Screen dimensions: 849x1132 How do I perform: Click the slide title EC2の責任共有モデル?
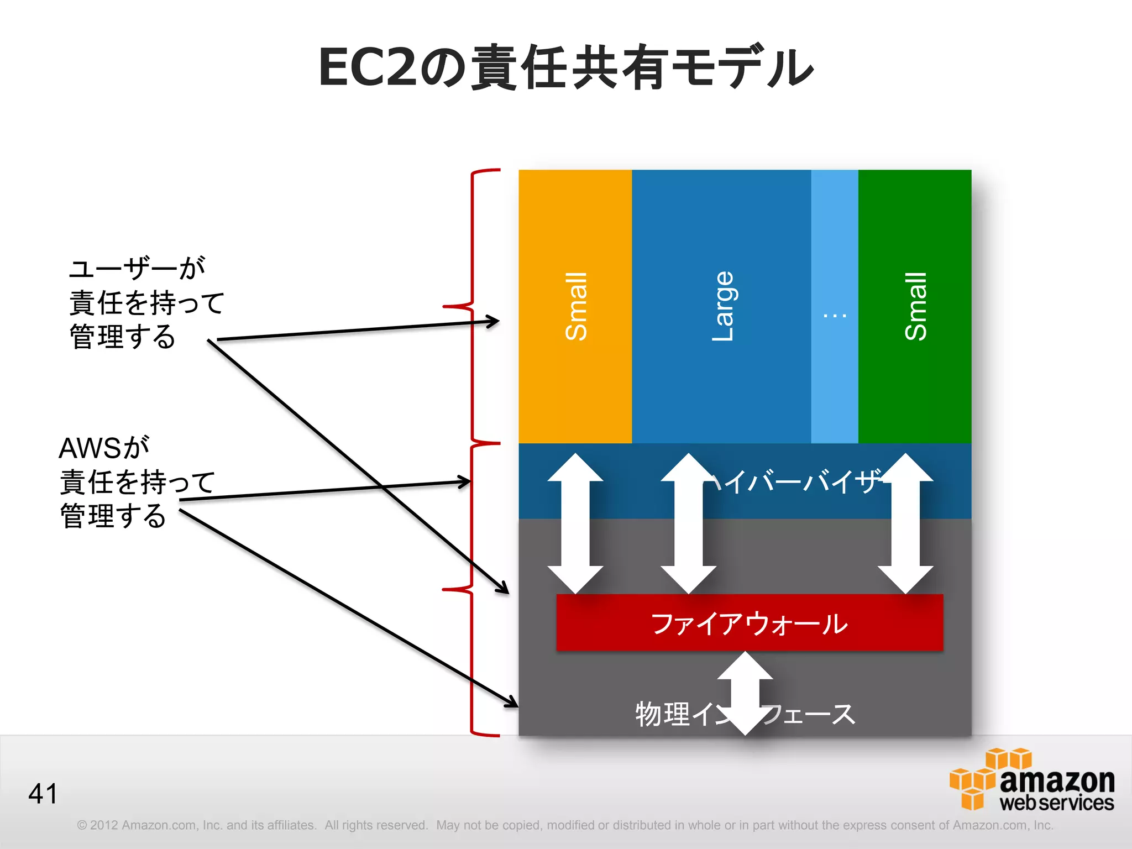tap(565, 67)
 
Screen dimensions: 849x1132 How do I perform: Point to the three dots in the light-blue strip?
tap(835, 316)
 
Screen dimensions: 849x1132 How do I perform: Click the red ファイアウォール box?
tap(749, 623)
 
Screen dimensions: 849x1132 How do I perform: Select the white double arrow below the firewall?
tap(745, 693)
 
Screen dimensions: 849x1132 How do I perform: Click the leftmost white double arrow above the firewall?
tap(575, 523)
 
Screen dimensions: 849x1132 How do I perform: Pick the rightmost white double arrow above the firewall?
tap(905, 523)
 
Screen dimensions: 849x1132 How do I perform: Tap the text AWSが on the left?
tap(104, 448)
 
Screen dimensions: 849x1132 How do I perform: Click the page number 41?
tap(43, 793)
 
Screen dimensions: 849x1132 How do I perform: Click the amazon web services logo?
tap(1031, 780)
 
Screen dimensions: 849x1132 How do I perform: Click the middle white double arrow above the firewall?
tap(688, 523)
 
